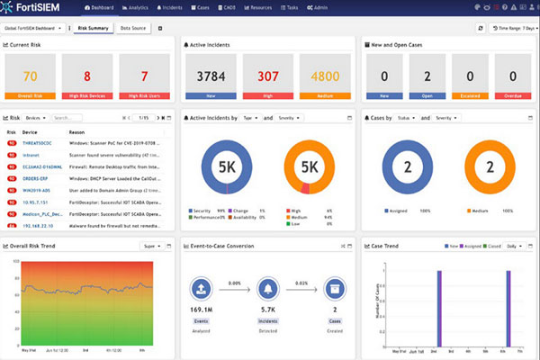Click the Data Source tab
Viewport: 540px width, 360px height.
tap(134, 28)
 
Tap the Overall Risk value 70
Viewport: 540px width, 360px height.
tap(31, 76)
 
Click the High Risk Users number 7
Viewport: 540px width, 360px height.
tap(145, 76)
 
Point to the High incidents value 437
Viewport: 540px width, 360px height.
tap(265, 76)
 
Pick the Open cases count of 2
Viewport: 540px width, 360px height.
tap(429, 76)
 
